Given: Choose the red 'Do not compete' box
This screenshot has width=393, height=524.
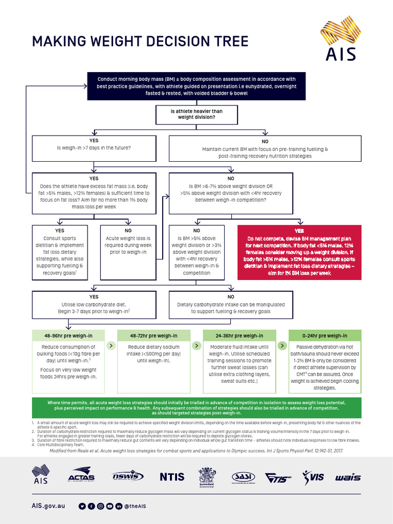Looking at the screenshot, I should pyautogui.click(x=299, y=252).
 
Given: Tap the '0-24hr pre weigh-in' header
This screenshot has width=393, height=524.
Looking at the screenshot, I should pyautogui.click(x=325, y=336).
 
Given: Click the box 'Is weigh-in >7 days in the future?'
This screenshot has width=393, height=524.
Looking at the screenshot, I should pyautogui.click(x=94, y=148).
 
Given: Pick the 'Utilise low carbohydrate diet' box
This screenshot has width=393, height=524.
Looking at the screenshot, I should pyautogui.click(x=94, y=304).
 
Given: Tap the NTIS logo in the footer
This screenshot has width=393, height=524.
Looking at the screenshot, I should pyautogui.click(x=172, y=476).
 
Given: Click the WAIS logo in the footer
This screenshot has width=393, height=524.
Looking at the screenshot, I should pyautogui.click(x=348, y=477).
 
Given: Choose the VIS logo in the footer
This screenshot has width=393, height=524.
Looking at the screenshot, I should pyautogui.click(x=313, y=477).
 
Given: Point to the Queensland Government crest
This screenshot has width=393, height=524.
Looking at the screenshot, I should pyautogui.click(x=207, y=476).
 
